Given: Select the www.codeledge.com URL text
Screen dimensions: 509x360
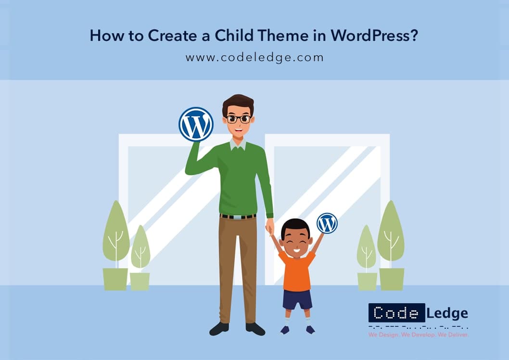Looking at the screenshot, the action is [254, 58].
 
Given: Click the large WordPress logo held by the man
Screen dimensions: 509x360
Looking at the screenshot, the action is [196, 124].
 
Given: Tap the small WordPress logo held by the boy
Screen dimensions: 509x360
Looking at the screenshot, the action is [327, 223].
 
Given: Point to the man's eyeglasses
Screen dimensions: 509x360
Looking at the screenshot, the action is [239, 119].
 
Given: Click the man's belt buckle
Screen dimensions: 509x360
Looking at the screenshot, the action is [238, 217].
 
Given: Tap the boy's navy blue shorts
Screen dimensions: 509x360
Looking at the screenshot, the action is [297, 299].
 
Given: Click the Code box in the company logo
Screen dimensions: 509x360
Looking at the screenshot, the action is [396, 313].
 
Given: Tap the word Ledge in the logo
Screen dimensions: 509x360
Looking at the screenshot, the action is [447, 313].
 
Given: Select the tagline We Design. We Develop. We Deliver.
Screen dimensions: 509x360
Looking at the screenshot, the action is [419, 334].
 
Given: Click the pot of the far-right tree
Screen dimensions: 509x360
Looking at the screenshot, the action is [392, 279].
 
